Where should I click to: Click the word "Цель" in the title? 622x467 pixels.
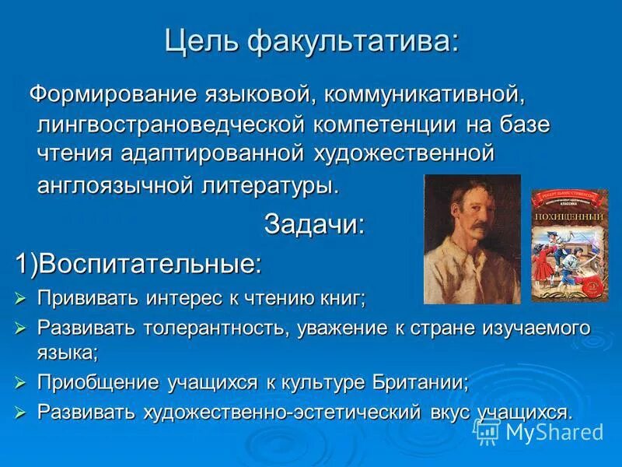coord(202,40)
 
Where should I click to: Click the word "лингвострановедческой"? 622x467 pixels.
coord(169,125)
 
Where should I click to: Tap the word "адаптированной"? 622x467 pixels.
coord(211,154)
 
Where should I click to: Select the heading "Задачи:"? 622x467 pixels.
coord(314,224)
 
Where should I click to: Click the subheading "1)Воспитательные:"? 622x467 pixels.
coord(140,263)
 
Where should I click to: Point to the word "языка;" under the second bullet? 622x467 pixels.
coord(68,353)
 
